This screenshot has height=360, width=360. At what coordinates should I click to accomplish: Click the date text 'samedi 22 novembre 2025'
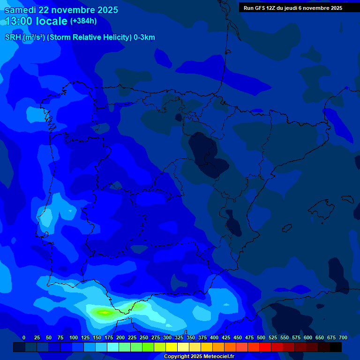61,10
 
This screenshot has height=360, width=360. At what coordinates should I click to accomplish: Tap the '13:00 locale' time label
36,21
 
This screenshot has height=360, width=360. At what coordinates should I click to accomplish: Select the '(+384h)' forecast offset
83,21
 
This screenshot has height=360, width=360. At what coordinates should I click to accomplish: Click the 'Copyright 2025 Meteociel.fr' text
199,356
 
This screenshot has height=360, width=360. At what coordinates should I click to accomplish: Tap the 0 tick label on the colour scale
24,337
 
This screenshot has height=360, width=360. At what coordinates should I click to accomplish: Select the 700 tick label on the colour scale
343,337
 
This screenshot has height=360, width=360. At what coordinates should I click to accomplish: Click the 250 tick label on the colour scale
143,337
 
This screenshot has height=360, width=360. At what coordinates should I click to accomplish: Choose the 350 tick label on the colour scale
190,337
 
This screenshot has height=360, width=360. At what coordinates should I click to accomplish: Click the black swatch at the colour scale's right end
336,347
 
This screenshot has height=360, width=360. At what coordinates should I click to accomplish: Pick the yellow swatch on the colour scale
172,347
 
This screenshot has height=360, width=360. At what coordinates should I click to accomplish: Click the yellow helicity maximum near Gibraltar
104,312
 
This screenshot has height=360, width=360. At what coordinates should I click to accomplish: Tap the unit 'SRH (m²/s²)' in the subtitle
24,37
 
